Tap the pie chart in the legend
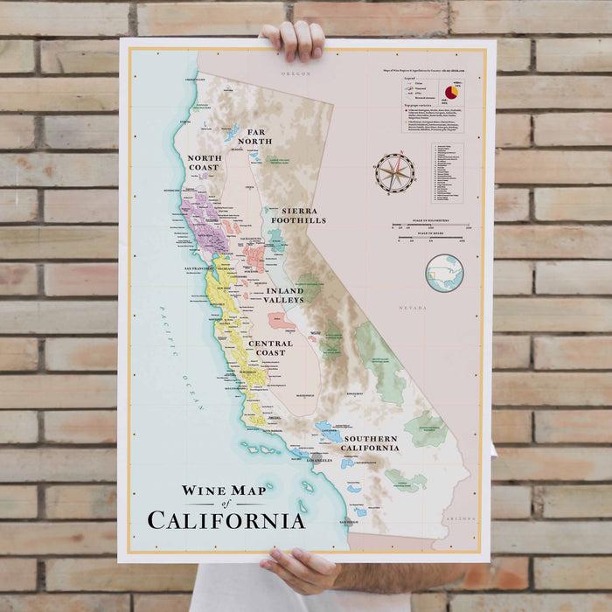(x=451, y=92)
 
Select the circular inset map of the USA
(x=443, y=274)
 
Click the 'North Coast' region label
(x=207, y=163)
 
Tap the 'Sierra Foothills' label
(x=297, y=216)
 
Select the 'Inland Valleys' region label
(x=278, y=295)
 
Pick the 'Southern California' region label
(x=371, y=442)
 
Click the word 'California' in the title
(x=226, y=519)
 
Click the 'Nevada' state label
(x=412, y=308)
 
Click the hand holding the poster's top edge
(x=292, y=38)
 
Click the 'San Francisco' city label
(x=199, y=268)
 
